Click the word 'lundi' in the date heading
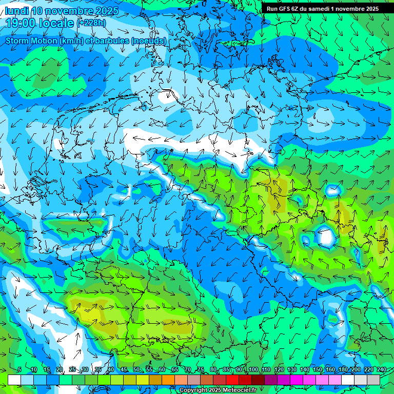[16, 11]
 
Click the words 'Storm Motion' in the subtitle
[32, 41]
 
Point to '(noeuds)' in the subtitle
[149, 41]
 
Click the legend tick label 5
[19, 370]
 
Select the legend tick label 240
[381, 370]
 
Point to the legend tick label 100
[252, 370]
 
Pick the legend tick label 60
[162, 370]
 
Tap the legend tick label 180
[342, 370]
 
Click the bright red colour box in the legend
[232, 380]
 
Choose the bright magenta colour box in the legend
[297, 380]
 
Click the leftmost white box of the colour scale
[14, 380]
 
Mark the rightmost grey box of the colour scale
[373, 380]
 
